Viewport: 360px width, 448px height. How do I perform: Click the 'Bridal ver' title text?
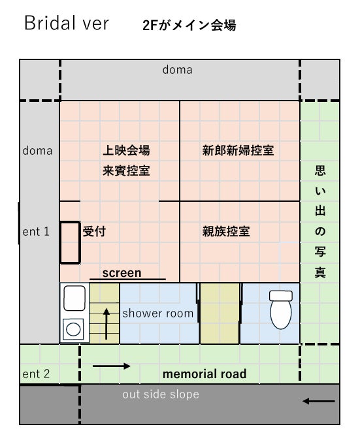click(67, 23)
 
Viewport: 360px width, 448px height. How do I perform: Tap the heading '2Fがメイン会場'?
click(189, 25)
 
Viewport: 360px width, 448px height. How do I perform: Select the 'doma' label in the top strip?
click(177, 70)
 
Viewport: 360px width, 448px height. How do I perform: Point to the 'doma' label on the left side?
click(37, 151)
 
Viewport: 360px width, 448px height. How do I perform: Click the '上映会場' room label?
click(126, 150)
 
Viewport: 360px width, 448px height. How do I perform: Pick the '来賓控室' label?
click(126, 170)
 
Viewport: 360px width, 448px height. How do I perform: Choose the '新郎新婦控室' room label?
click(238, 150)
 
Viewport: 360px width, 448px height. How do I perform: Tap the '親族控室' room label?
click(226, 231)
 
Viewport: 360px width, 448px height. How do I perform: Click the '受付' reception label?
click(94, 231)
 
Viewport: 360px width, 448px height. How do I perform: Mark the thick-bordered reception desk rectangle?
click(61, 242)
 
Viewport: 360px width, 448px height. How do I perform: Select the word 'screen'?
click(122, 273)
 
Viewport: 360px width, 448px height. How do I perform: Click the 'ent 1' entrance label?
click(36, 231)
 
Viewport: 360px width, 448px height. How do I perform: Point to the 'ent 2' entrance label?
click(36, 374)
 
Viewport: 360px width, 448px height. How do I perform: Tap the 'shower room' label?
click(158, 313)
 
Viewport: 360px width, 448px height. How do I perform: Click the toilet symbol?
click(281, 310)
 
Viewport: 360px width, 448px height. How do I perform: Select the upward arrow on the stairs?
click(106, 324)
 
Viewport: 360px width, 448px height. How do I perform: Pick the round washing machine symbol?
click(73, 329)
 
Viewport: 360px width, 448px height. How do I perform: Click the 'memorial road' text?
click(205, 374)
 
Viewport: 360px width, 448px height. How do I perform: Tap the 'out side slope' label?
click(161, 394)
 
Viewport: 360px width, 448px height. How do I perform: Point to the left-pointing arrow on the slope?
click(319, 401)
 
